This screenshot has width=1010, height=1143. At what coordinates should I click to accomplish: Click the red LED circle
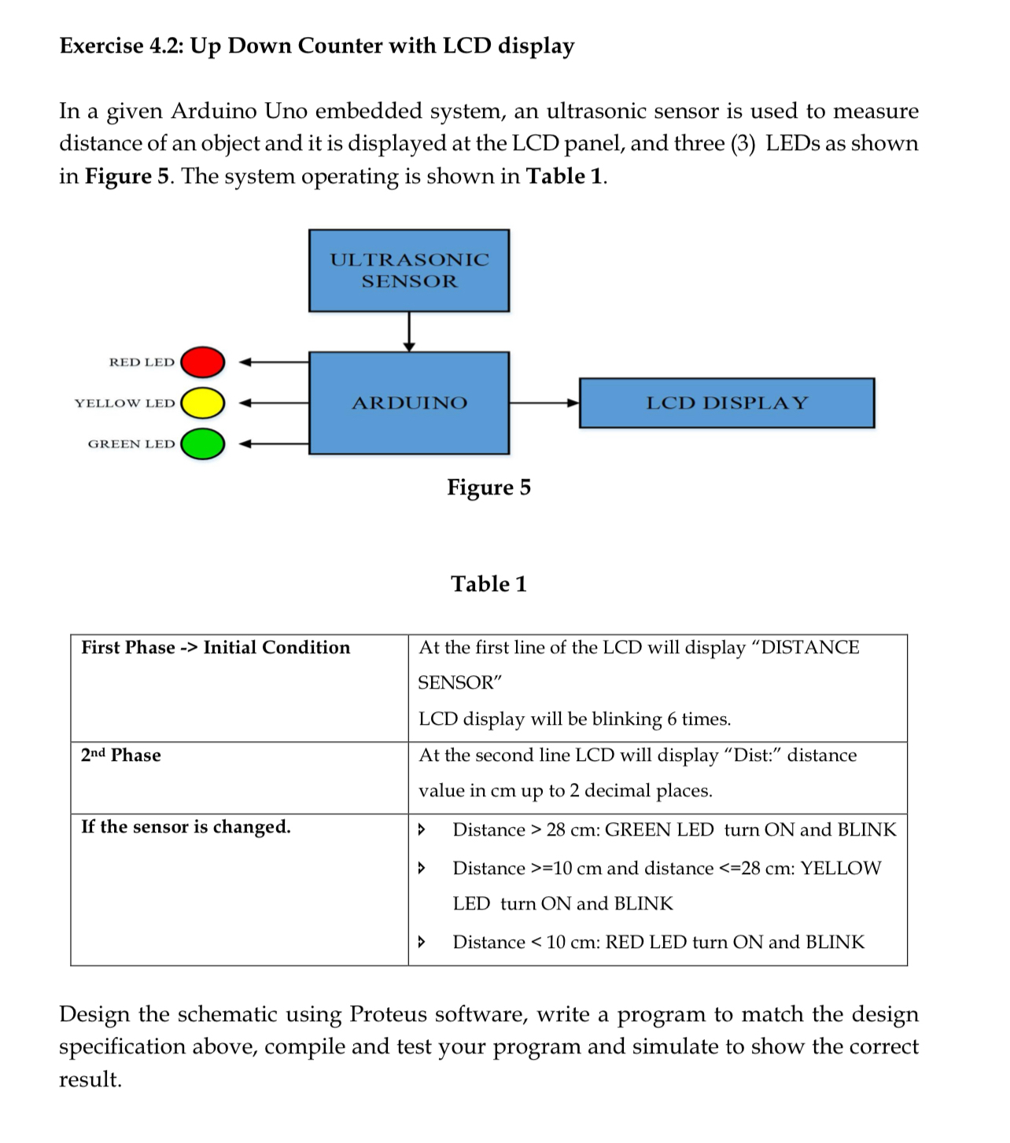(x=203, y=362)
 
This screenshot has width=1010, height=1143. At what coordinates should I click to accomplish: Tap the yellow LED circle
(x=203, y=403)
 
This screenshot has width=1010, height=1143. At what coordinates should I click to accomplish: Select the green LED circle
(x=203, y=444)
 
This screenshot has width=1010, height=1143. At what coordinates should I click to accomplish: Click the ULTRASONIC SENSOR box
(x=409, y=270)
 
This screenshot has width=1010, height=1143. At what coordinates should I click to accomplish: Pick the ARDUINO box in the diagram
(x=409, y=403)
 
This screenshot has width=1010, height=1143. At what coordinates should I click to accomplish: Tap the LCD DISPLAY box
(x=727, y=403)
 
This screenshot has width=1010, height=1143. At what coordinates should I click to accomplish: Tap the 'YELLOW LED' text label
(x=125, y=403)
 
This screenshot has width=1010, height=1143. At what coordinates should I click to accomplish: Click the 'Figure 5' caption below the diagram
(x=489, y=487)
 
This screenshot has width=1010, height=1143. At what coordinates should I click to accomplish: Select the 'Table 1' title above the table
(x=489, y=584)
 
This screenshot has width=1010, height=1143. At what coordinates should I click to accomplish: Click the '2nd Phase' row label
(x=121, y=755)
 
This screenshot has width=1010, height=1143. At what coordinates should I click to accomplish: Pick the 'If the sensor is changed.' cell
(x=186, y=827)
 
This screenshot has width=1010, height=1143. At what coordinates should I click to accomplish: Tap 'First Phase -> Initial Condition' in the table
(x=216, y=648)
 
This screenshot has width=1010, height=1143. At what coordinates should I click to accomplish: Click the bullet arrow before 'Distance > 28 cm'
(x=422, y=829)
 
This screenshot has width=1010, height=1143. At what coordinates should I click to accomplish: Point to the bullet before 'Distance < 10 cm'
(x=422, y=942)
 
